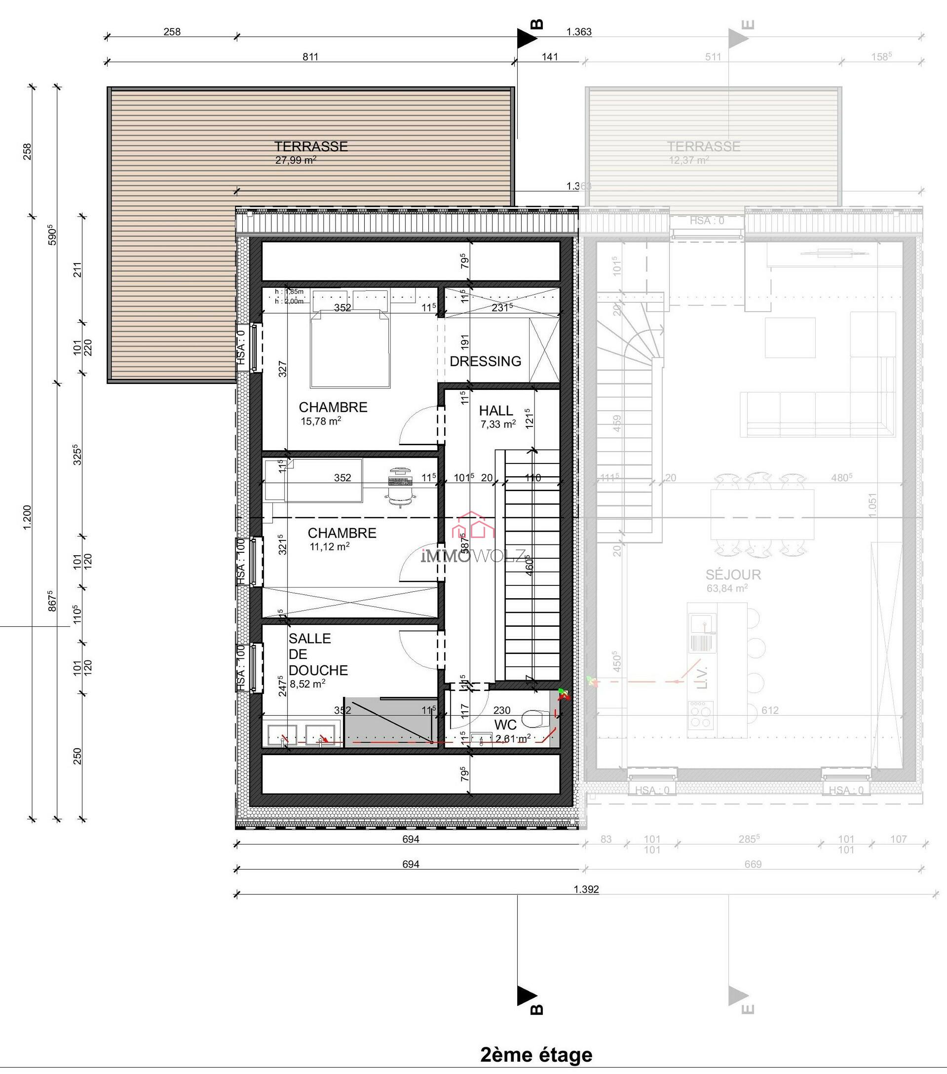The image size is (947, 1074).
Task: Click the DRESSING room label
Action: (x=485, y=361)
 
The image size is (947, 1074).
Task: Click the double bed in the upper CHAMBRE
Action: (x=350, y=349)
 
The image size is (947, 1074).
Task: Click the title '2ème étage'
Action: (x=536, y=1054)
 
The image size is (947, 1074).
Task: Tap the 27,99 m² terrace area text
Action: (x=295, y=160)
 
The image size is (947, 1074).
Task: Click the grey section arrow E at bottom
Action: (x=738, y=996)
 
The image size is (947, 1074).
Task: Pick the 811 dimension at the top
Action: (x=310, y=57)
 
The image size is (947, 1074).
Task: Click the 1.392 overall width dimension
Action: (x=586, y=889)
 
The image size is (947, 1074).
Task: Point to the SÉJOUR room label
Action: (x=733, y=575)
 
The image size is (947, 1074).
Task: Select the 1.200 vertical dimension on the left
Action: (x=27, y=517)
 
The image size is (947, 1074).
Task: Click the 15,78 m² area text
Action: (x=320, y=421)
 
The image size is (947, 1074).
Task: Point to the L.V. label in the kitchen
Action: (x=704, y=678)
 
